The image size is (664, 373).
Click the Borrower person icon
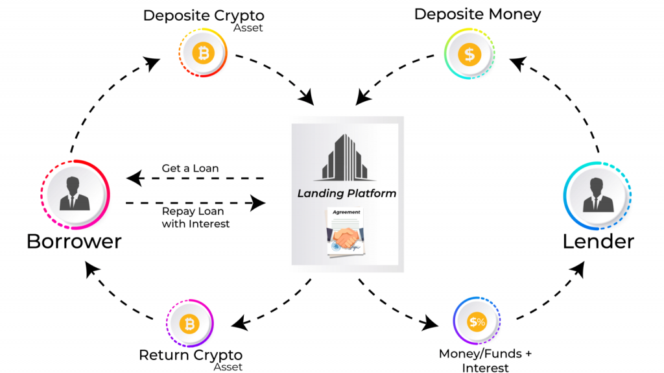point(75,194)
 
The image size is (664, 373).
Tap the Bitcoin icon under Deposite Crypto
point(204,54)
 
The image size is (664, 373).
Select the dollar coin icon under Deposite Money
point(469,54)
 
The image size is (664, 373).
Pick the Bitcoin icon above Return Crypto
point(189,323)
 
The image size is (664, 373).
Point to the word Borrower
point(74,241)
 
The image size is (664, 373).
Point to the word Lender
point(598,241)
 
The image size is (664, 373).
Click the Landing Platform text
point(347,193)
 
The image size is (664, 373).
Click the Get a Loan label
point(190,169)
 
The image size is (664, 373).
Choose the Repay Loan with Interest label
point(195,218)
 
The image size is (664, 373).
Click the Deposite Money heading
point(477,14)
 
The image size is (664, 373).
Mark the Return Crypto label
point(191,355)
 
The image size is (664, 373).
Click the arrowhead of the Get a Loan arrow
point(134,178)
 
